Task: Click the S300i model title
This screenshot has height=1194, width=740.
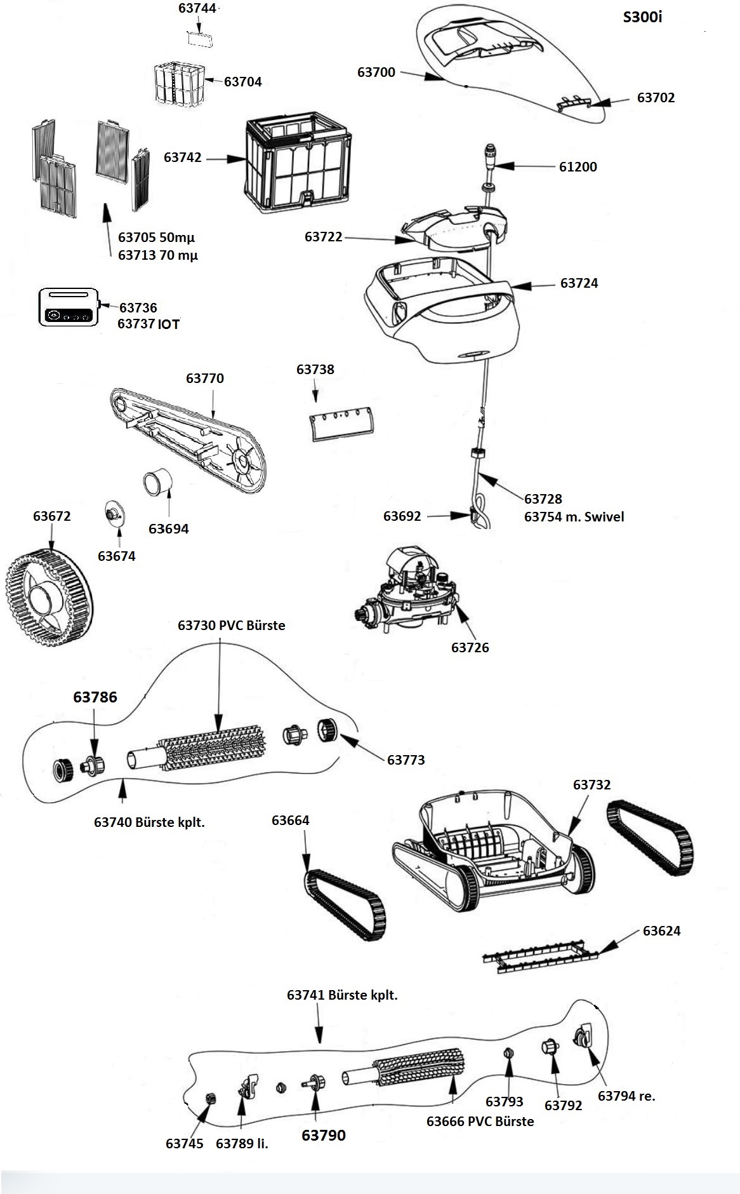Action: coord(642,17)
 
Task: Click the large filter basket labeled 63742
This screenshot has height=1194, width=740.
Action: coord(299,163)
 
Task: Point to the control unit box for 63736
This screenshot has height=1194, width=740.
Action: coord(69,307)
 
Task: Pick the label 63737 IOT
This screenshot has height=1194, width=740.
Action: coord(149,324)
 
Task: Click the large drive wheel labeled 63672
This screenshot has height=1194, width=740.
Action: coord(48,596)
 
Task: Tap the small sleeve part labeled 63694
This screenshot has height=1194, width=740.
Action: coord(158,481)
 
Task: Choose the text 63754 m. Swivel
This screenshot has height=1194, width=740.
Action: coord(574,517)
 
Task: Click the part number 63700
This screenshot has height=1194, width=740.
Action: coord(376,72)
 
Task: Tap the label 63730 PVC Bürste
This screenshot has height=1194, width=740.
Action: coord(231,626)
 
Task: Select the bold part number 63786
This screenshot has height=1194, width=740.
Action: coord(95,697)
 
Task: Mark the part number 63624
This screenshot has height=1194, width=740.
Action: coord(661,931)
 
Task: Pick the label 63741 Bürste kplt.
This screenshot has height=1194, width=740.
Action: coord(342,995)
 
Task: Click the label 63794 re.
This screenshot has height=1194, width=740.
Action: coord(626,1096)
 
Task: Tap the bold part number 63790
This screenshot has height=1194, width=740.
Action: coord(324,1136)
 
